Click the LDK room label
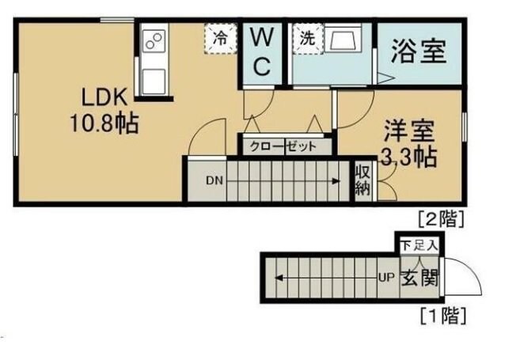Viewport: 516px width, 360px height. (x=101, y=98)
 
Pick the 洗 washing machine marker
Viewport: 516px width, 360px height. (x=305, y=36)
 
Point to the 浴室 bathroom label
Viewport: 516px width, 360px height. (x=419, y=52)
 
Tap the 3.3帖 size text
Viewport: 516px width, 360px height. (x=408, y=156)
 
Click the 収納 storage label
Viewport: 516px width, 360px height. (x=362, y=180)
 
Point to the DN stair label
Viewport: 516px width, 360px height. (x=214, y=180)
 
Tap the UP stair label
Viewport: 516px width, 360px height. (x=386, y=279)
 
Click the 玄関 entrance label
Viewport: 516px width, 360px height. (x=419, y=279)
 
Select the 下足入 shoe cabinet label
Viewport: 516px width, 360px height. (x=418, y=244)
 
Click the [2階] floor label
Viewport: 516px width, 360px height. (x=440, y=216)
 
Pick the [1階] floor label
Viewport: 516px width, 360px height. (x=440, y=317)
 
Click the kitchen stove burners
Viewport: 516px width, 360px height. (x=154, y=39)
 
